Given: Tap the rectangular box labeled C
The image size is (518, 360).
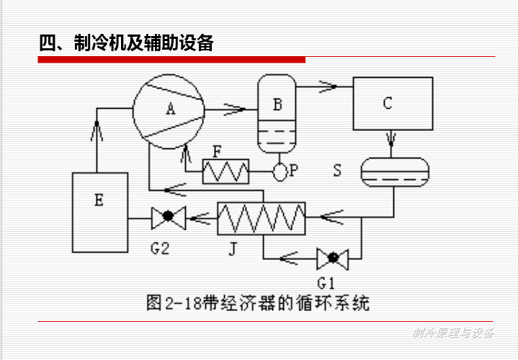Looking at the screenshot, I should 388,104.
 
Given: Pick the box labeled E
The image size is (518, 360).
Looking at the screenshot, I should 99,212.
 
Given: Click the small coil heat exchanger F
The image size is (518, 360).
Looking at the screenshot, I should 225,171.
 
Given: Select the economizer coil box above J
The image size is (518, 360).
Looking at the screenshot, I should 262,218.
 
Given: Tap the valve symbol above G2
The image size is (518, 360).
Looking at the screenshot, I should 168,215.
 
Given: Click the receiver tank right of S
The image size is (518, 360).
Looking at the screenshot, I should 393,171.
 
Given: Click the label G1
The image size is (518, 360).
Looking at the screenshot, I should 326,277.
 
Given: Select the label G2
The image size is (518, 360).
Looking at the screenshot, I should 159,248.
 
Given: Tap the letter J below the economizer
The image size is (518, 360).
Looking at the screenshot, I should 232,249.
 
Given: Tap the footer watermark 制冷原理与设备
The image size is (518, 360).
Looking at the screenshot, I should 453,332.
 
